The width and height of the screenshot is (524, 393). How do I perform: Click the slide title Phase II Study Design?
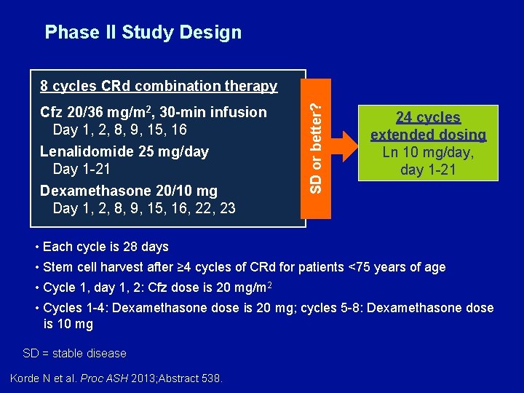pyautogui.click(x=143, y=32)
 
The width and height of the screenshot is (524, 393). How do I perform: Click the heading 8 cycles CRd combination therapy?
pyautogui.click(x=159, y=86)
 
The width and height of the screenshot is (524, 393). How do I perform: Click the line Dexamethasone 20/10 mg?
pyautogui.click(x=128, y=191)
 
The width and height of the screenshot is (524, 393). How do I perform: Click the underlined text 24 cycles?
pyautogui.click(x=428, y=117)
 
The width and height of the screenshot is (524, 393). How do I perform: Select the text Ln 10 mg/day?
pyautogui.click(x=428, y=152)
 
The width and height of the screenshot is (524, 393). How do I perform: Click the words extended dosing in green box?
pyautogui.click(x=428, y=135)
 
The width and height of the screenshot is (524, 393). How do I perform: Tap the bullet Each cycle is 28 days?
pyautogui.click(x=106, y=247)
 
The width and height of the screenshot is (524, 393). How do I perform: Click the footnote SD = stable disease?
pyautogui.click(x=74, y=353)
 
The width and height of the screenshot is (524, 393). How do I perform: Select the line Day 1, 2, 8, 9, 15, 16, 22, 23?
pyautogui.click(x=144, y=208)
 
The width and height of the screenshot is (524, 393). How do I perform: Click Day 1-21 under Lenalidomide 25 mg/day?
pyautogui.click(x=82, y=169)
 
